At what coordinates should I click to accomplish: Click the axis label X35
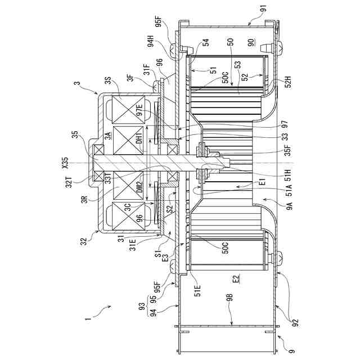click(65, 163)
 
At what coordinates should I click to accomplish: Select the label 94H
click(151, 44)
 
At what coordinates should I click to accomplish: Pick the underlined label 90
click(251, 43)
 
